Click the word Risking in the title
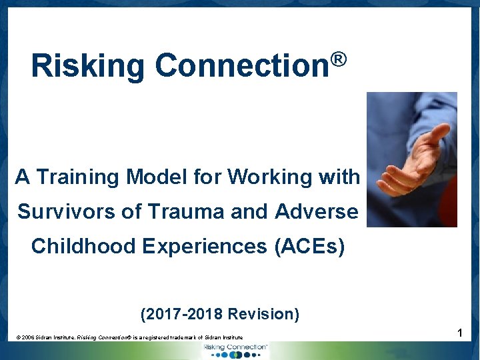click(x=87, y=67)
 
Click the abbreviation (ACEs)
click(x=309, y=247)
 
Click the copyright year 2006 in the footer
click(x=31, y=338)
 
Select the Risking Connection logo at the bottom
click(x=237, y=350)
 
